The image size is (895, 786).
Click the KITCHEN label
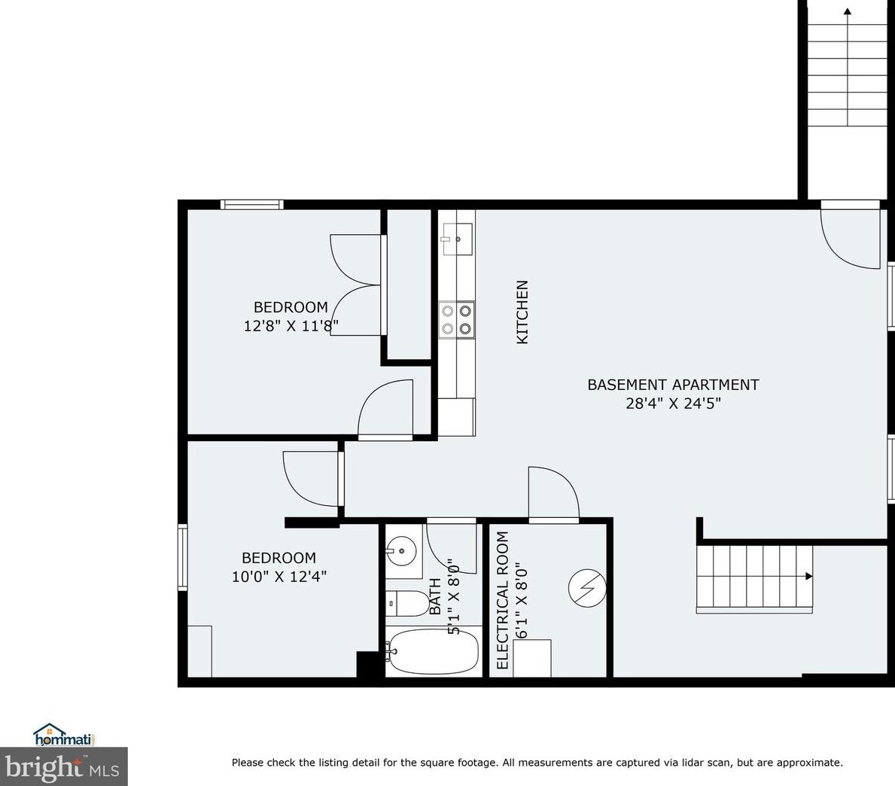(x=522, y=312)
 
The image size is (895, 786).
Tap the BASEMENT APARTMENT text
(x=673, y=385)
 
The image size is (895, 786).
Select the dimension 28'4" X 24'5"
(x=673, y=404)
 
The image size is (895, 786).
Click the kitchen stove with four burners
(x=457, y=318)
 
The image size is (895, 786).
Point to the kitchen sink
(x=457, y=239)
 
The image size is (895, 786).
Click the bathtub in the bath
(x=434, y=651)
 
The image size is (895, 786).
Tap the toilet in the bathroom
(x=405, y=602)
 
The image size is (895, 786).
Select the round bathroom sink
(x=402, y=551)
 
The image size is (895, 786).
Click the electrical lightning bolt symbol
(x=586, y=587)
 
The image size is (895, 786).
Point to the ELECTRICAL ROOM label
(x=503, y=600)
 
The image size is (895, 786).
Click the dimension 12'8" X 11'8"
(x=291, y=326)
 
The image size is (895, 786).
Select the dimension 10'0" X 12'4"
(x=279, y=577)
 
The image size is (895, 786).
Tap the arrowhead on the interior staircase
(x=808, y=577)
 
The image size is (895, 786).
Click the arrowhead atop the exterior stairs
(x=848, y=11)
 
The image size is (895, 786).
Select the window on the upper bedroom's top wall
(x=251, y=204)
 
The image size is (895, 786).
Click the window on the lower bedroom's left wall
(x=182, y=557)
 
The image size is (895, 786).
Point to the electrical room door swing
(x=554, y=493)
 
